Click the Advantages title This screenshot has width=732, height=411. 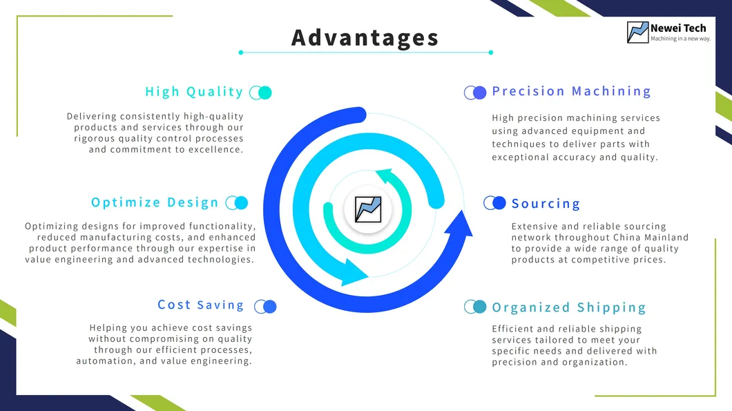pos(365,37)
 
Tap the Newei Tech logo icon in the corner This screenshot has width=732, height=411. pos(637,32)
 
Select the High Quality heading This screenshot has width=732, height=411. pos(194,92)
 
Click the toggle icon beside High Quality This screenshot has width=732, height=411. pos(260,93)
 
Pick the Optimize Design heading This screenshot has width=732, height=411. pos(155,202)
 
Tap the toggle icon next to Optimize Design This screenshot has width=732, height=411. pos(237,202)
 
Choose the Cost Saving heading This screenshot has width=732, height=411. pos(201,305)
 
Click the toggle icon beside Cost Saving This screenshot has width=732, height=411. pos(265,307)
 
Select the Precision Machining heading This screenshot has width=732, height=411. pos(571,91)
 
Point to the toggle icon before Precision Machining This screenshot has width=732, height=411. pos(475,93)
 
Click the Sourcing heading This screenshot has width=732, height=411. pos(546,204)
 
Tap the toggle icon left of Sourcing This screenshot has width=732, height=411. pos(494,202)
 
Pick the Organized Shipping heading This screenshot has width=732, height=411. pos(568,307)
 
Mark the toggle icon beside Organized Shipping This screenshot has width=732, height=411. pos(475,307)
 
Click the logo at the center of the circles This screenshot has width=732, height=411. pos(367,208)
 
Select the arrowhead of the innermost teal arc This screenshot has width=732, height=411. pos(382,177)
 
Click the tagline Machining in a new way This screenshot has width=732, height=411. pos(680,39)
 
